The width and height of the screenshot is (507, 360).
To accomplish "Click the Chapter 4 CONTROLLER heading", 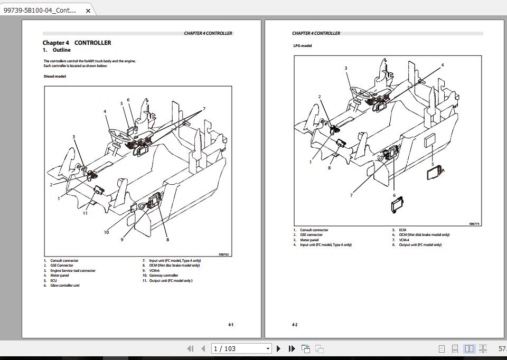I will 77,43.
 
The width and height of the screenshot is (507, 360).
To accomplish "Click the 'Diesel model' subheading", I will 55,76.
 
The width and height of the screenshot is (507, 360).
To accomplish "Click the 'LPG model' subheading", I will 303,45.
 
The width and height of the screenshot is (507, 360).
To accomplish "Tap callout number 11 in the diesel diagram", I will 85,213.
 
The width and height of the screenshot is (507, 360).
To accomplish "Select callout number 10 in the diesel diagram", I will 106,232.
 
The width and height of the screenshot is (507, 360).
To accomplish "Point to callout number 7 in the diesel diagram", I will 204,109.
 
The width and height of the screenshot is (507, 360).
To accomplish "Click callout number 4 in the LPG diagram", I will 442,65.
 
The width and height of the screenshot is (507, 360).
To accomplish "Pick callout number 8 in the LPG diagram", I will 329,168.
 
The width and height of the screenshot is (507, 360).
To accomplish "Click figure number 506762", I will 224,254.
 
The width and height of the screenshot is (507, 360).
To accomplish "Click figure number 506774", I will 474,224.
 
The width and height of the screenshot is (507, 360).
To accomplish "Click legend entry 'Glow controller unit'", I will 64,286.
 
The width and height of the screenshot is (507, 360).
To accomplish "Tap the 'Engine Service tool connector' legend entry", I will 72,270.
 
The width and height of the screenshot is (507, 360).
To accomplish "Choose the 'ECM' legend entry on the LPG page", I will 402,230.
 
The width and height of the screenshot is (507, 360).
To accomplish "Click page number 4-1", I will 231,325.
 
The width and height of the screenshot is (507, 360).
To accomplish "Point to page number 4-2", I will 295,325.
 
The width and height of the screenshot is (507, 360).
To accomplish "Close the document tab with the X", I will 88,10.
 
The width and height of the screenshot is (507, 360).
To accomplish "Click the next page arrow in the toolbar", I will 279,348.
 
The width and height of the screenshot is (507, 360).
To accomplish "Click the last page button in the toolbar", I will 292,348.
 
